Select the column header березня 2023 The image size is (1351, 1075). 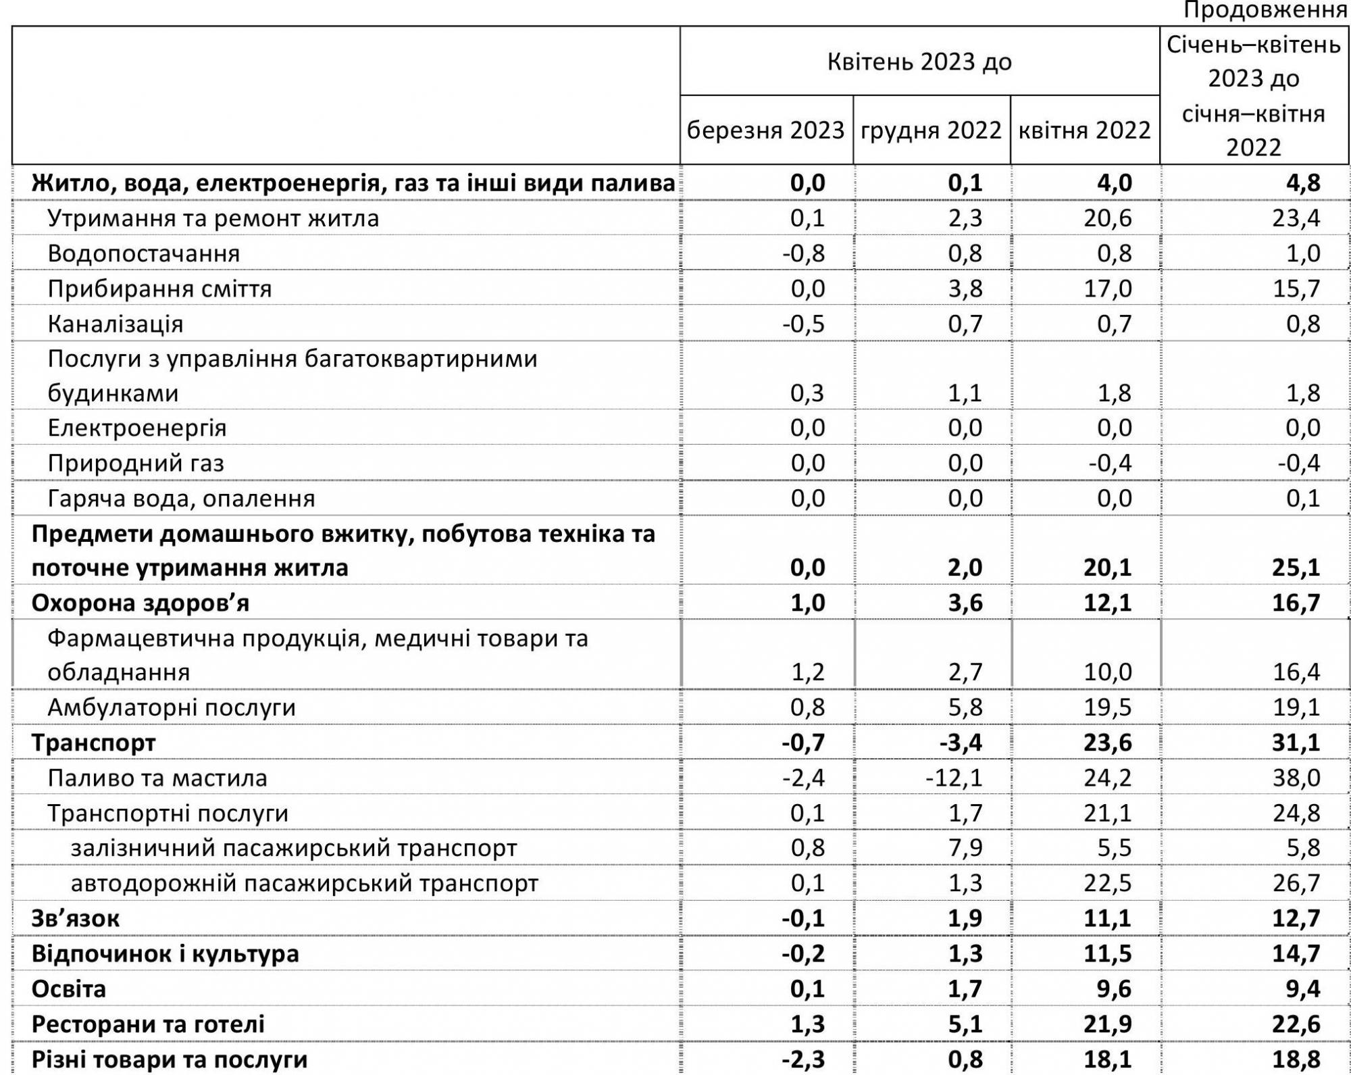click(x=765, y=130)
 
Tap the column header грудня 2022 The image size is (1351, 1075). click(x=931, y=130)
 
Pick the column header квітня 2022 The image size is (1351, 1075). click(x=1084, y=130)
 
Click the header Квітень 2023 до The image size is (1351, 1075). click(x=919, y=62)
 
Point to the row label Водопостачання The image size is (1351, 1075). click(x=143, y=253)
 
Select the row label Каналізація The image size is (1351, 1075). click(x=115, y=324)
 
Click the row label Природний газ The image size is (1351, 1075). click(x=135, y=464)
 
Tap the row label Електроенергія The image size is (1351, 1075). click(x=136, y=428)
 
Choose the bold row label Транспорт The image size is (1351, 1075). click(x=93, y=743)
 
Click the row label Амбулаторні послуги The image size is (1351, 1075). click(x=172, y=707)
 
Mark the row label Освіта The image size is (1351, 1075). click(x=68, y=989)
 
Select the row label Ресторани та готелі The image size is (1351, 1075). click(x=148, y=1024)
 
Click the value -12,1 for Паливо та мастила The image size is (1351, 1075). click(x=953, y=778)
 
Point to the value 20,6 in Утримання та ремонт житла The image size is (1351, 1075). click(x=1107, y=218)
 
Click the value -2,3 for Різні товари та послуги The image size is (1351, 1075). click(x=803, y=1059)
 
